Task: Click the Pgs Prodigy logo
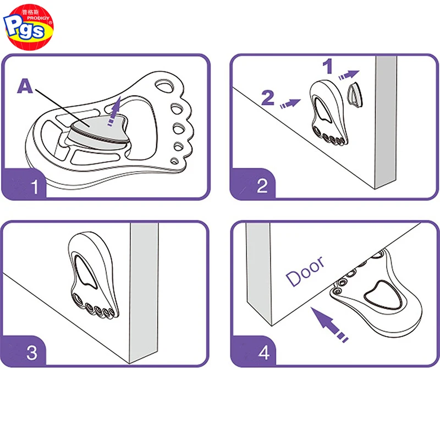coord(28,27)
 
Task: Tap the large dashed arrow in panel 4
coord(331,324)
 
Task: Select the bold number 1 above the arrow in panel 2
coord(328,67)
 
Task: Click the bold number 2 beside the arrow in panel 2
coord(268,98)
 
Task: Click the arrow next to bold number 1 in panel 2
coord(350,73)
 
